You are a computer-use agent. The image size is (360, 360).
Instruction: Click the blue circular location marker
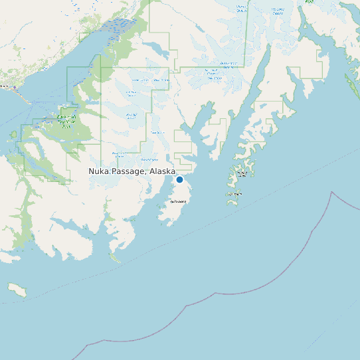tap(179, 179)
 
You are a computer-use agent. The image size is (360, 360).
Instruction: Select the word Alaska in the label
tap(162, 171)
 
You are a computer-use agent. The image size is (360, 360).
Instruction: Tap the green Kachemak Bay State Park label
tap(67, 121)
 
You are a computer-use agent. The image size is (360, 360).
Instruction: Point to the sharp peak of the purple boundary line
tap(331, 192)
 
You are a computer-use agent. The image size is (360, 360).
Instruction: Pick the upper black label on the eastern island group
tap(242, 173)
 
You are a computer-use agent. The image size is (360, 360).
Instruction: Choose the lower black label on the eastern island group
tap(235, 194)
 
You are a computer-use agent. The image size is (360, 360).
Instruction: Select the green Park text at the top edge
tap(309, 2)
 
